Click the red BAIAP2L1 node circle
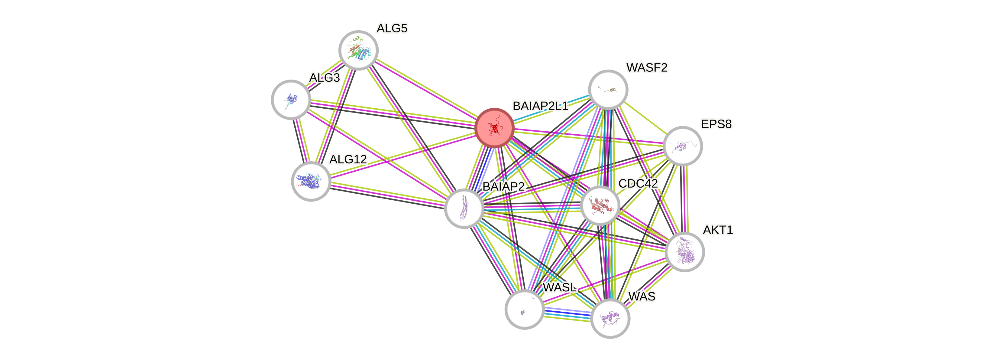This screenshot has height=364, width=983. point(494,128)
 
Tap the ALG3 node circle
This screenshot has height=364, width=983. point(291,99)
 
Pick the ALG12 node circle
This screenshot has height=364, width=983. point(311,181)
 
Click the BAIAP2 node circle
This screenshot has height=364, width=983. point(464,208)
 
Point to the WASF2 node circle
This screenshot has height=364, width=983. point(608,89)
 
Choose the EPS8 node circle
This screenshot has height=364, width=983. point(683,146)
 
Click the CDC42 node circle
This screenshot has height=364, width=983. point(600,205)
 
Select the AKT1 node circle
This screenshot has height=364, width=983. point(684,252)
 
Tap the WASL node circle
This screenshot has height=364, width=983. point(524,309)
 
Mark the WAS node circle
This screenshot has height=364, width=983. point(610,319)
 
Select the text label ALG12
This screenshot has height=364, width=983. point(348,159)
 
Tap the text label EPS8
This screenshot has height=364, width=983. point(716,124)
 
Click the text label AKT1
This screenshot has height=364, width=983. point(718,230)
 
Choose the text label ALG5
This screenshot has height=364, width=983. point(392,28)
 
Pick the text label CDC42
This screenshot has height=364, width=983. point(638,184)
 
